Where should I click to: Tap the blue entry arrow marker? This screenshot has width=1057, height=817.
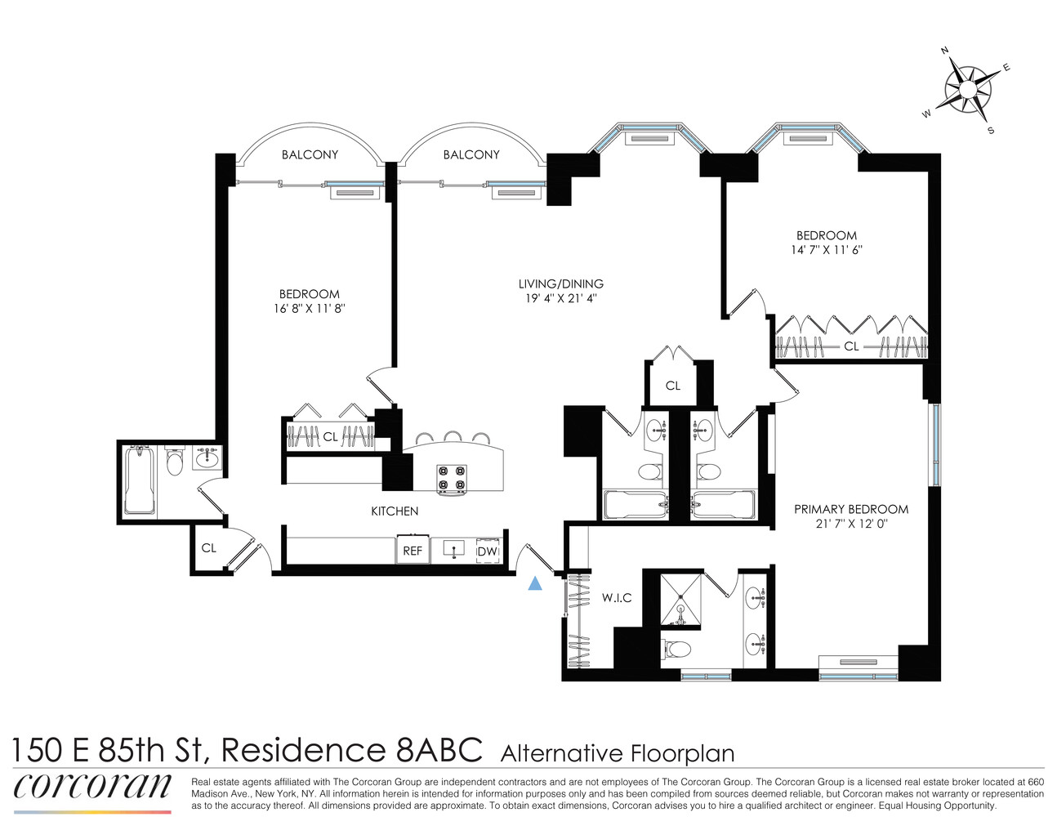tap(535, 583)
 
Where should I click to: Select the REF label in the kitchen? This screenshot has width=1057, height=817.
tap(413, 551)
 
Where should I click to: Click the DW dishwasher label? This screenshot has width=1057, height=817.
tap(488, 551)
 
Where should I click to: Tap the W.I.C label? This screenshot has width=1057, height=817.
tap(617, 598)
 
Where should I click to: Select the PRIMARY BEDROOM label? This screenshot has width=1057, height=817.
tap(851, 509)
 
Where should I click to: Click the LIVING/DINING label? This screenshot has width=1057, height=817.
tap(560, 284)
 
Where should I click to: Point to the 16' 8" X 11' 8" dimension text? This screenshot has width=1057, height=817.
tap(309, 309)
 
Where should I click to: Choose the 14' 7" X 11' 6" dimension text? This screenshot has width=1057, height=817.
tap(827, 250)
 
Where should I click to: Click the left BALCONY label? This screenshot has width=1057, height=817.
tap(310, 154)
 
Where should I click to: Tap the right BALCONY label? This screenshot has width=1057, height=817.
tap(471, 154)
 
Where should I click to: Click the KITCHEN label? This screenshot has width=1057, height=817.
tap(395, 511)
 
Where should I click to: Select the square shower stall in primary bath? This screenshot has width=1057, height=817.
tap(680, 600)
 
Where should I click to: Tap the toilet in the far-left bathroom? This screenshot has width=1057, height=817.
tap(174, 462)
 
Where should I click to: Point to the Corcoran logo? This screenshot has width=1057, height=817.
tap(92, 786)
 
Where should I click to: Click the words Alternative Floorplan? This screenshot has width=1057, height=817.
tap(617, 753)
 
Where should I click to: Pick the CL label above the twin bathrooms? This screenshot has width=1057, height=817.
tap(673, 386)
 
